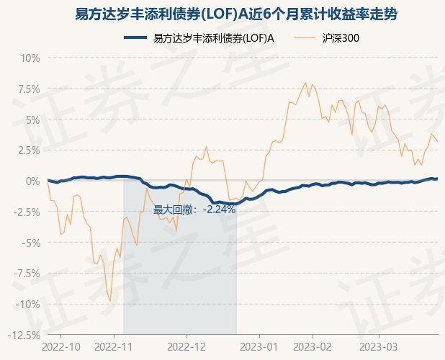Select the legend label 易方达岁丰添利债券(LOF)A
pyautogui.click(x=214, y=38)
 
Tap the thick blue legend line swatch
pyautogui.click(x=135, y=38)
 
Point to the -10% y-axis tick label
pyautogui.click(x=27, y=304)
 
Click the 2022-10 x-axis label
pyautogui.click(x=62, y=346)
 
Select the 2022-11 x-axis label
pyautogui.click(x=114, y=346)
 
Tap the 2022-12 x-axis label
pyautogui.click(x=186, y=346)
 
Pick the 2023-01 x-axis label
pyautogui.click(x=259, y=346)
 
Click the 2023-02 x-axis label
pyautogui.click(x=313, y=346)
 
